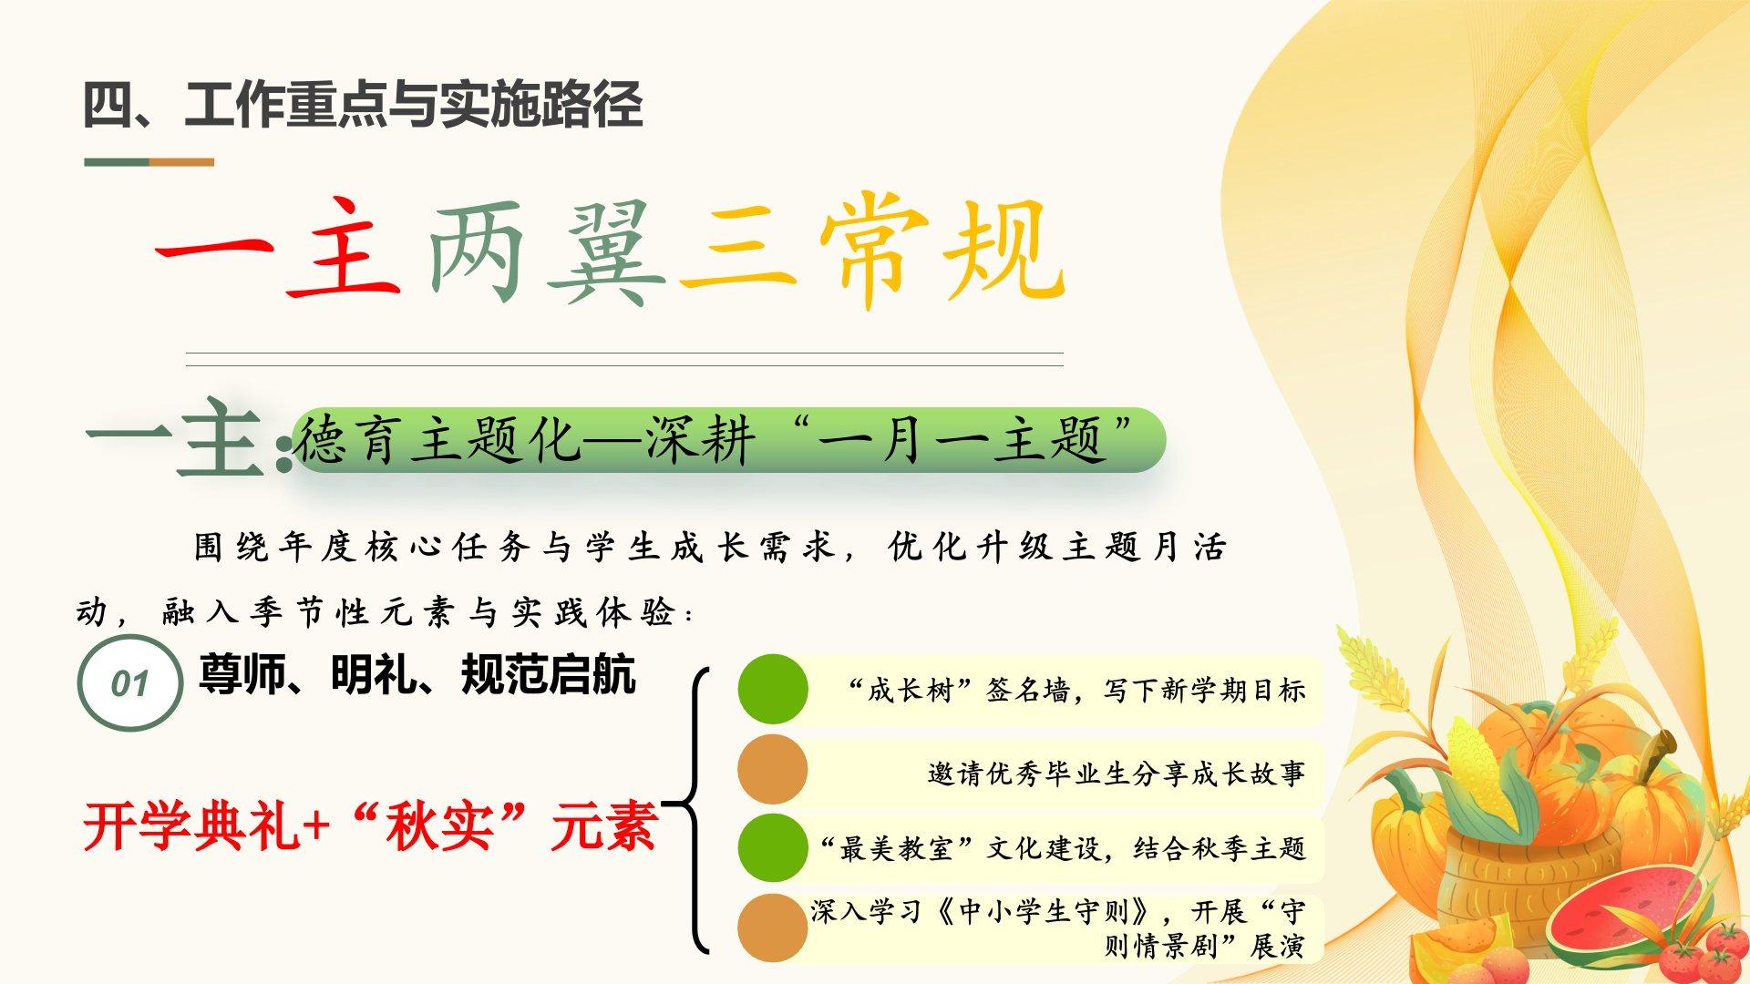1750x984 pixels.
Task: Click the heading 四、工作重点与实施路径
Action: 363,104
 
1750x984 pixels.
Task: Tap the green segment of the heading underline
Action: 117,162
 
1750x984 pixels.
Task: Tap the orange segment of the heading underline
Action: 182,162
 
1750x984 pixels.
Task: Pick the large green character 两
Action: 477,251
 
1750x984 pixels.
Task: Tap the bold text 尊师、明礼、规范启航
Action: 417,675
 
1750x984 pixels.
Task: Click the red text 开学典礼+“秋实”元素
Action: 370,826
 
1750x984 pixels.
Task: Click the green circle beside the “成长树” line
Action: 773,689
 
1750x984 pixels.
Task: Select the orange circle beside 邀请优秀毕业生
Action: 773,769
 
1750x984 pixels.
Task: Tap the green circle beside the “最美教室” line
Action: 773,848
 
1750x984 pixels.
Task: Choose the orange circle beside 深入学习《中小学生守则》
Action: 773,928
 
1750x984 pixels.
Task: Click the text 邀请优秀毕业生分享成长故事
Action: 1117,774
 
